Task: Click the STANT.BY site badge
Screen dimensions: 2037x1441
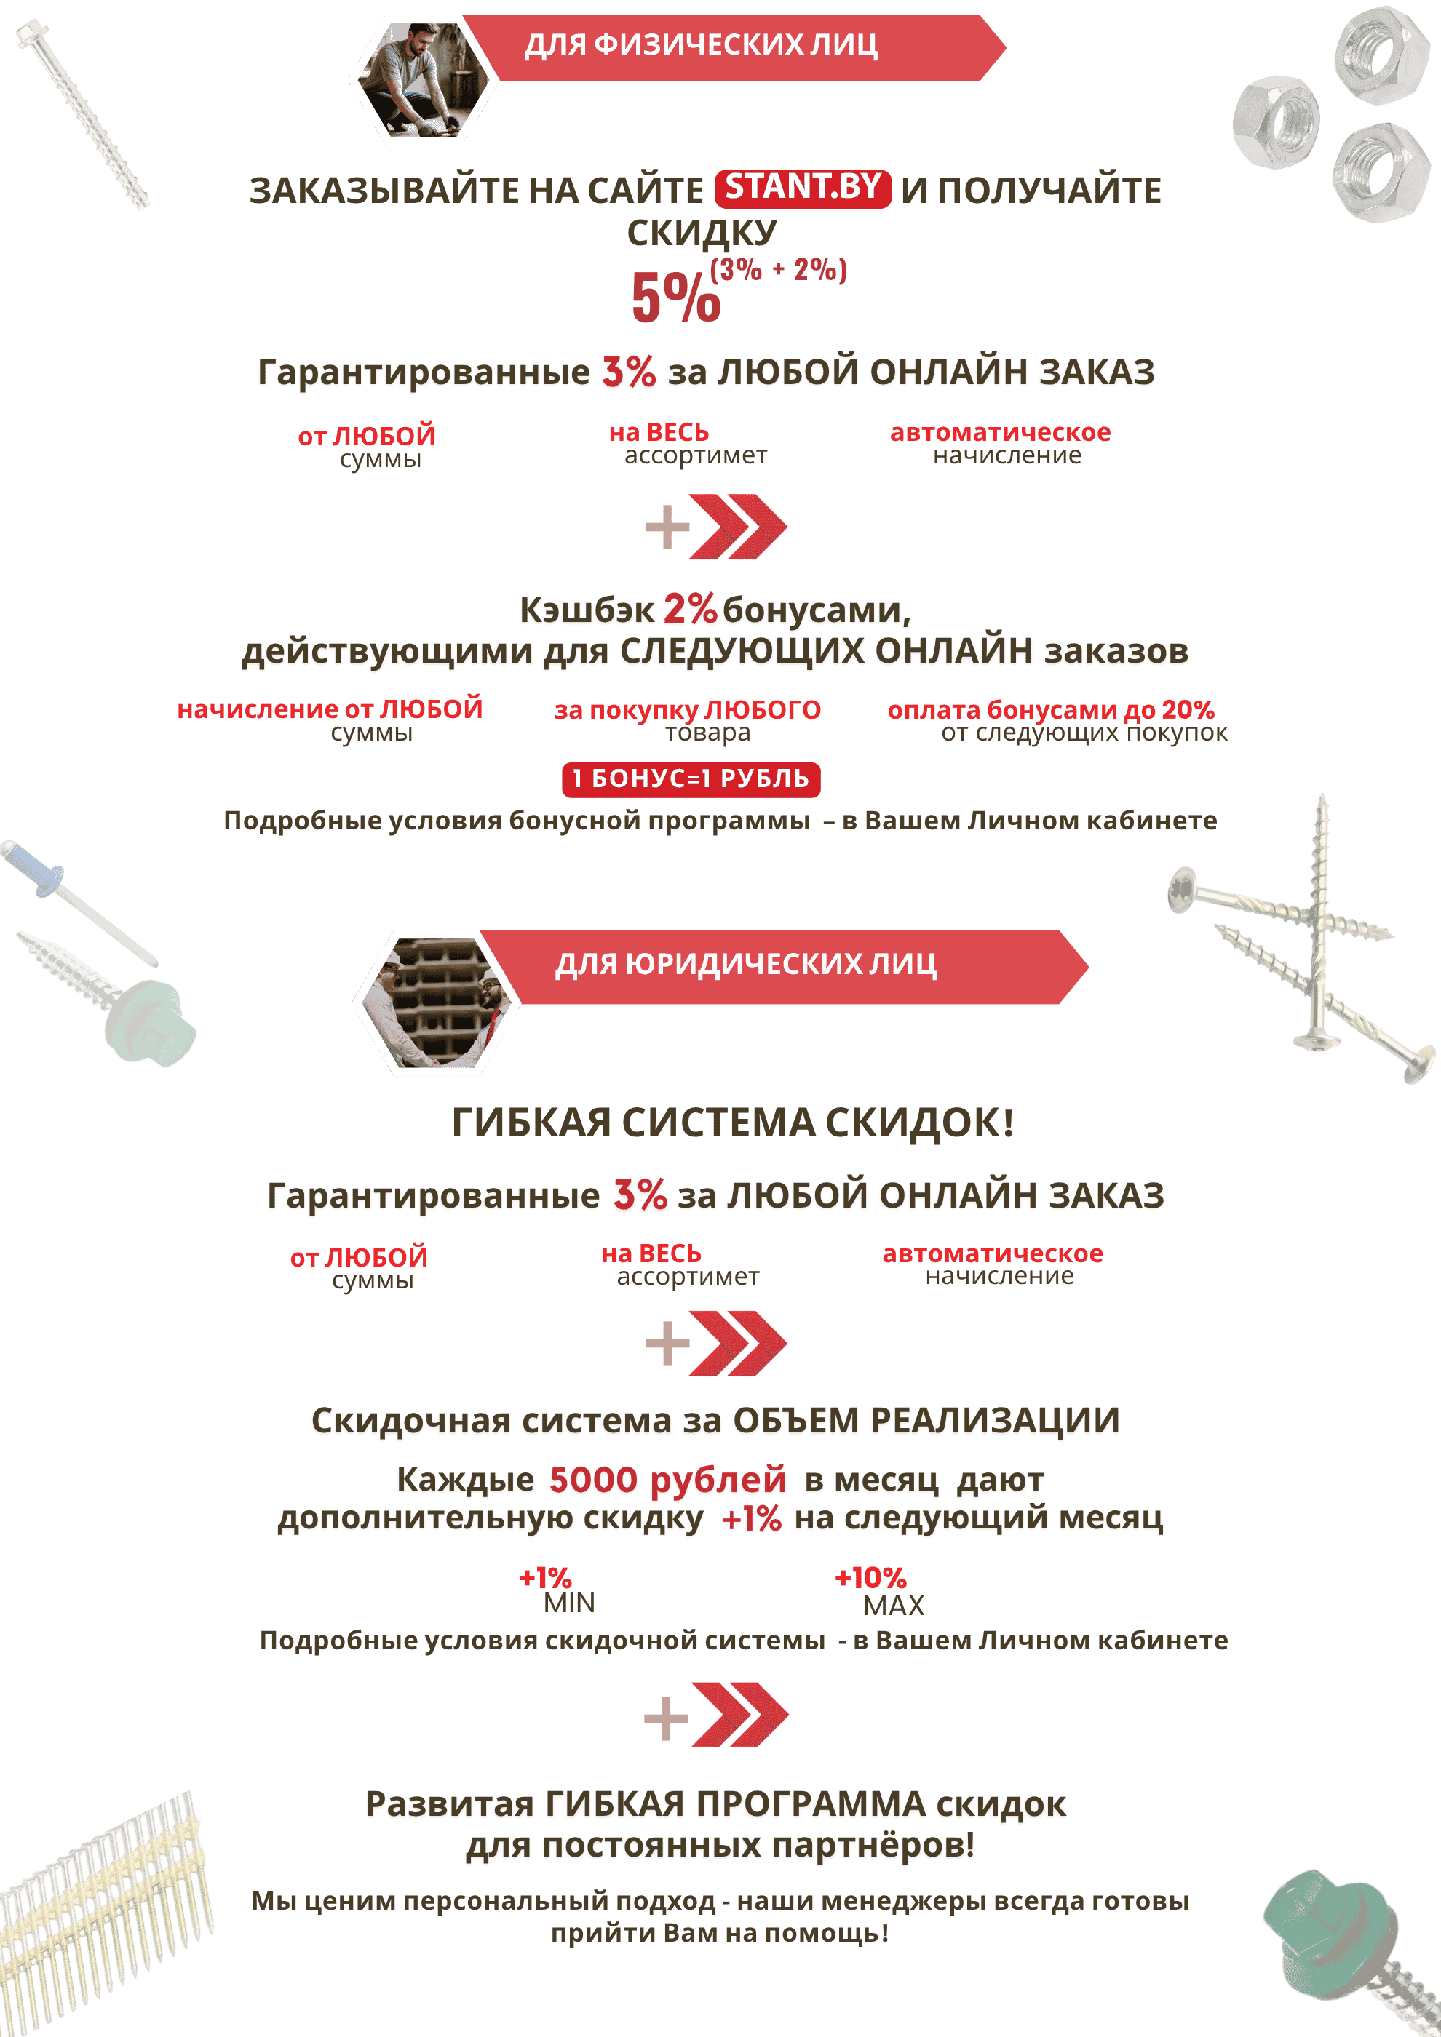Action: (802, 187)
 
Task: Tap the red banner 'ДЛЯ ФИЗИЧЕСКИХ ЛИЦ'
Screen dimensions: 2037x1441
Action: (728, 45)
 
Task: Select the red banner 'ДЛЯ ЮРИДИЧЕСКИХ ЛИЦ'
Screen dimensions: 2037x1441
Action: (781, 965)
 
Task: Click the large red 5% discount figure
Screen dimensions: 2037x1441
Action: (675, 298)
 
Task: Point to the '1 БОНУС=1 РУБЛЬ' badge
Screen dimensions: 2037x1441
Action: (691, 779)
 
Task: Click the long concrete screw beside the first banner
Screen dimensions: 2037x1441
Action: (85, 116)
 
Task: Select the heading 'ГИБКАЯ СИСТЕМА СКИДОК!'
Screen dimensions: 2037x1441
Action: (732, 1123)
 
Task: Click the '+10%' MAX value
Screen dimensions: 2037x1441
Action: (870, 1577)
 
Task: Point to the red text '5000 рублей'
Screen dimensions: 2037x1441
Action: (667, 1480)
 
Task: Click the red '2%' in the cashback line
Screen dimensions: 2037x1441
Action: (689, 610)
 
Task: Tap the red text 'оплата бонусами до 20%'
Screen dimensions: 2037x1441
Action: (1051, 710)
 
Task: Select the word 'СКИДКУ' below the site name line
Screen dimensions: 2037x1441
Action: (702, 234)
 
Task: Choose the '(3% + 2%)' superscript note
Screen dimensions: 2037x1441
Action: (778, 270)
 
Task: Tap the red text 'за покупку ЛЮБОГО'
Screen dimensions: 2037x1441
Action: (687, 710)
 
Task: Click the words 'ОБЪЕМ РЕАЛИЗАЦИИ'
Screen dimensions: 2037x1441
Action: (926, 1422)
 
